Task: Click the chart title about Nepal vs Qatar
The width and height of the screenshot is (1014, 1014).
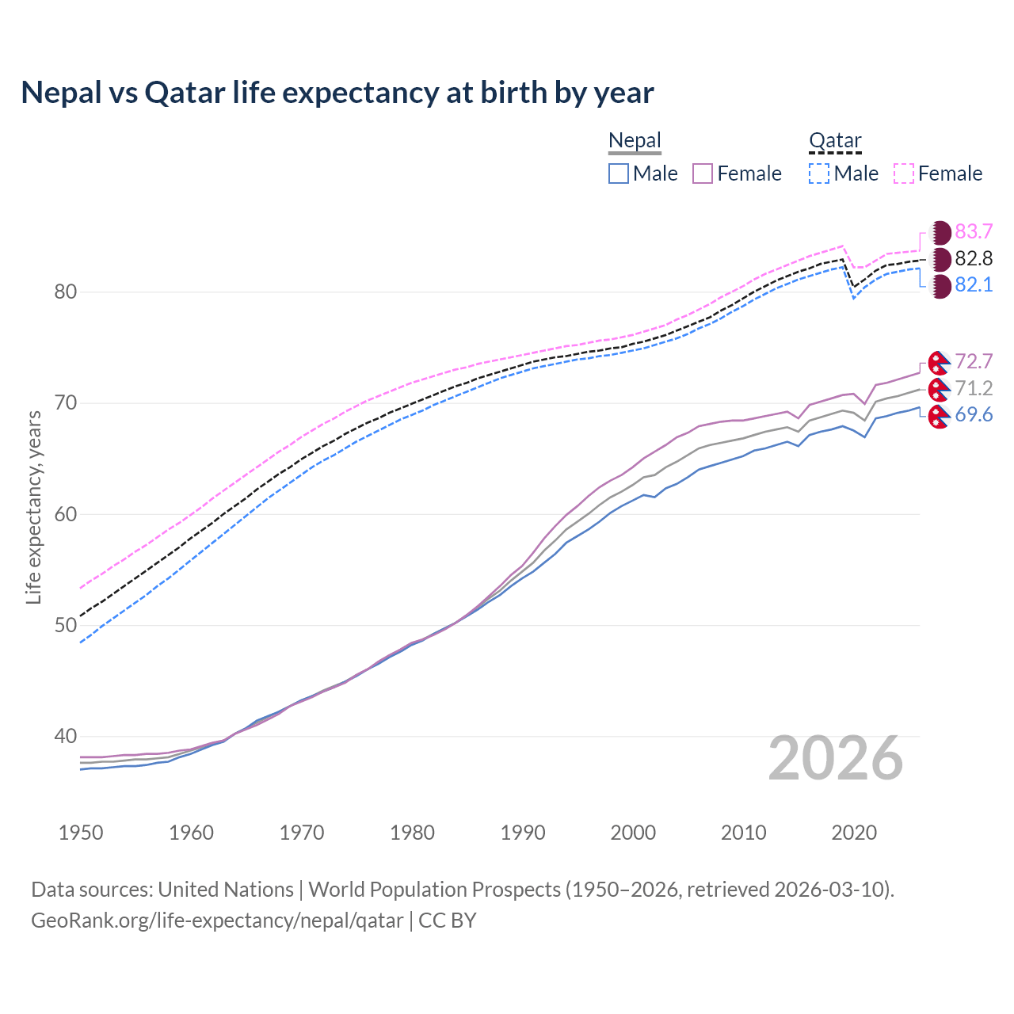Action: (337, 93)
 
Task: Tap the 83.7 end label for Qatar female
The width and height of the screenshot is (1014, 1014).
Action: (974, 231)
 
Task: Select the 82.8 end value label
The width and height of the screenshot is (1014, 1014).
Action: (974, 258)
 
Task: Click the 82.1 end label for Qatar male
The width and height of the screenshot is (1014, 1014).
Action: (974, 285)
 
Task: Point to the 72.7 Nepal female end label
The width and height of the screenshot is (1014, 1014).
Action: (974, 362)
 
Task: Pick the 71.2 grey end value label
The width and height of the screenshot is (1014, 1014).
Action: (974, 388)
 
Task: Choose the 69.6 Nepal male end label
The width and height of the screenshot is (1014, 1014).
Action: (974, 415)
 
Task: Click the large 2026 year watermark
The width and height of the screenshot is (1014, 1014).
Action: (836, 759)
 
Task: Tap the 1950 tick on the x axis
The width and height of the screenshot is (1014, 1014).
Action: (81, 833)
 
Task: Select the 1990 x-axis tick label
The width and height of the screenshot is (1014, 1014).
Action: (523, 833)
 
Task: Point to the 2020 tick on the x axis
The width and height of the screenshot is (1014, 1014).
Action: (854, 833)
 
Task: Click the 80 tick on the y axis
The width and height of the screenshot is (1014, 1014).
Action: (65, 292)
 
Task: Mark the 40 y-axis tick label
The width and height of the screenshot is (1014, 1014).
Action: (65, 737)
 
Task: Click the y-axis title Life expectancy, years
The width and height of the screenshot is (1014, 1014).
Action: (34, 507)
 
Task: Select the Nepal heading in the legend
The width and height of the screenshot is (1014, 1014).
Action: (635, 141)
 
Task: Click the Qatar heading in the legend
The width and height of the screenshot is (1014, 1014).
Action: (835, 141)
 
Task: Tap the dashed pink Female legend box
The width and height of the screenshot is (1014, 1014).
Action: (904, 173)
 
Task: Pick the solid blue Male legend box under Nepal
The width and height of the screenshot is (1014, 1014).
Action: (619, 173)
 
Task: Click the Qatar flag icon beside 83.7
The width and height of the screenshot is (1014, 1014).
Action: (940, 232)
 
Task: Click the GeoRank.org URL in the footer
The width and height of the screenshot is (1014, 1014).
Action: (217, 921)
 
